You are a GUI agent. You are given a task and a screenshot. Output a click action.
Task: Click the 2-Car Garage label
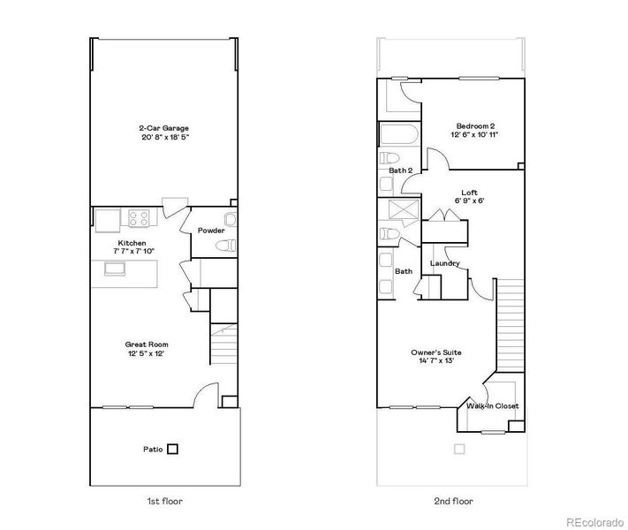point(163,128)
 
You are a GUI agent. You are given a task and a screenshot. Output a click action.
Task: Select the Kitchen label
point(132,242)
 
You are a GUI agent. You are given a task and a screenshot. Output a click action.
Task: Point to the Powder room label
point(210,231)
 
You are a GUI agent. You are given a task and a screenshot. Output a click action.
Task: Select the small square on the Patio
point(172,449)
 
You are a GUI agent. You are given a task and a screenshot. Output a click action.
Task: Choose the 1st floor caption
point(163,501)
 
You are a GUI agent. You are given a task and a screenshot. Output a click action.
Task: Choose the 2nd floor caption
point(453,501)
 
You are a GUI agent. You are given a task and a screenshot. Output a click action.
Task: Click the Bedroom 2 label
point(475,125)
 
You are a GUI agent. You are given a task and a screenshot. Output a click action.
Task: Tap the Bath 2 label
point(401,170)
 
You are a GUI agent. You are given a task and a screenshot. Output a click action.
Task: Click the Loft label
point(469,192)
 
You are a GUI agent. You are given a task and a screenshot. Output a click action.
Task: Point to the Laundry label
point(443,263)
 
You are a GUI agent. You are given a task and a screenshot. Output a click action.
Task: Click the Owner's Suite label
point(436,352)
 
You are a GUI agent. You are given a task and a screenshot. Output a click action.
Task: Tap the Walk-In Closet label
point(493,406)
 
